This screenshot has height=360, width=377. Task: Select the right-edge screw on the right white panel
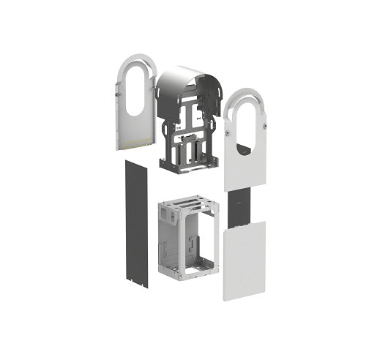tap(261, 130)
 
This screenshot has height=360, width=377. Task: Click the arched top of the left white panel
tap(136, 61)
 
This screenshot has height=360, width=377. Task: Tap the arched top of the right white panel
tap(245, 98)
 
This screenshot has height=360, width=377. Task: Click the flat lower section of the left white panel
tap(136, 132)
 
